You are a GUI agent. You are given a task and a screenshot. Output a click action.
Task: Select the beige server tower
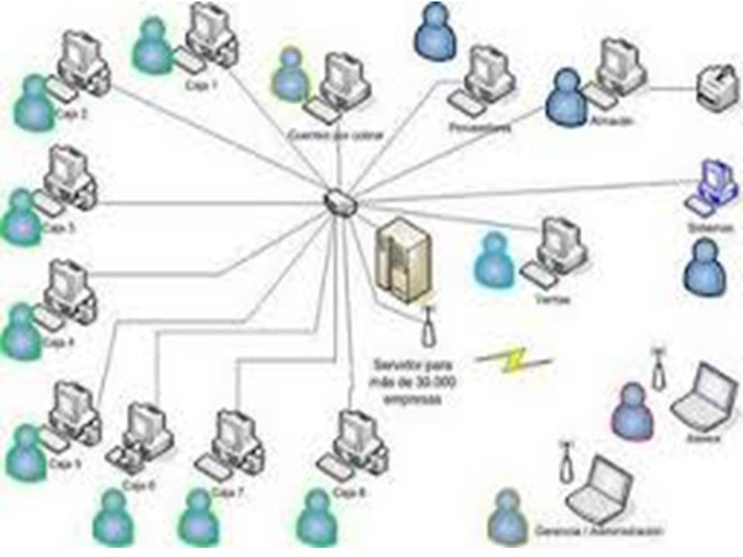402,260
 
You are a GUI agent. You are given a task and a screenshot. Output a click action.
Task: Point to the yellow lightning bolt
513,360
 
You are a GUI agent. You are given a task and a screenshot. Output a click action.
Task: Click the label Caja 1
202,86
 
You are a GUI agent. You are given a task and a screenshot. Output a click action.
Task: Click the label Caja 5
64,464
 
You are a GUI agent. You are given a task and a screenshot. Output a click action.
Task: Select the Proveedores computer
484,77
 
